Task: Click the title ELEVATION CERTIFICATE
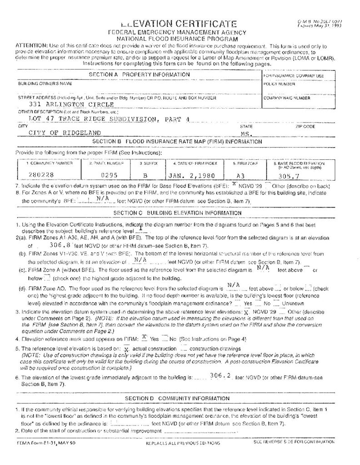[179, 24]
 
